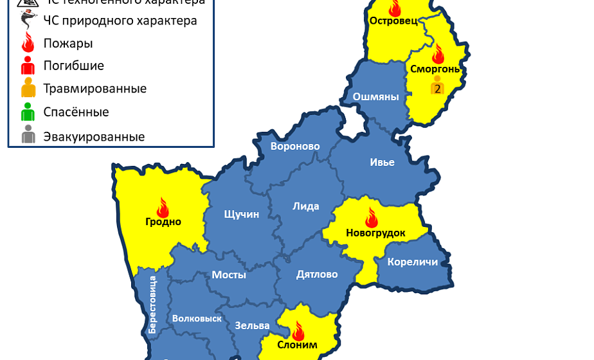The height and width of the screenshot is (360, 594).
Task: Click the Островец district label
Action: click(x=393, y=21)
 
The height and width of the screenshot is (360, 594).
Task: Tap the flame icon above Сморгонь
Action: click(x=438, y=53)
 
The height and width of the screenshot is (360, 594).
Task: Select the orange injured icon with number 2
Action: click(x=437, y=85)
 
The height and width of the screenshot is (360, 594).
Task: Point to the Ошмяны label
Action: click(x=376, y=97)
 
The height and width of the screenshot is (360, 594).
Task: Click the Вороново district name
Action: click(x=295, y=146)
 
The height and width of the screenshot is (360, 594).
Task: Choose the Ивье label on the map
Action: click(x=382, y=162)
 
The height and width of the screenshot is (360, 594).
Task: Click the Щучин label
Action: click(x=242, y=214)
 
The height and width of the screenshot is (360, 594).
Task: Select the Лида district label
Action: click(x=306, y=206)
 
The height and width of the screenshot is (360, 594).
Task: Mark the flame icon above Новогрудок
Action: click(x=371, y=217)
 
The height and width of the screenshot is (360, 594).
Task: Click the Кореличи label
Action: click(x=413, y=262)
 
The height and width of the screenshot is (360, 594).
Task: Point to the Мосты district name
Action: click(x=229, y=274)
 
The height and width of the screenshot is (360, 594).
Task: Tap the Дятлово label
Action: click(x=317, y=274)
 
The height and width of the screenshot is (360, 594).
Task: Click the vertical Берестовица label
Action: click(x=153, y=304)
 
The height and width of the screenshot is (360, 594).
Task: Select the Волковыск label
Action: click(x=197, y=318)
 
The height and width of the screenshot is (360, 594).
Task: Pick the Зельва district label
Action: click(x=248, y=325)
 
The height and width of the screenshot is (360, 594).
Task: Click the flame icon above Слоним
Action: click(x=298, y=331)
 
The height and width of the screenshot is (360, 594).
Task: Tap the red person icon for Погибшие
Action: click(x=28, y=66)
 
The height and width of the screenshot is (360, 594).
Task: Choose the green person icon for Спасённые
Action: click(x=28, y=113)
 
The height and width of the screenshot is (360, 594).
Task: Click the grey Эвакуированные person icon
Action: click(x=28, y=136)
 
